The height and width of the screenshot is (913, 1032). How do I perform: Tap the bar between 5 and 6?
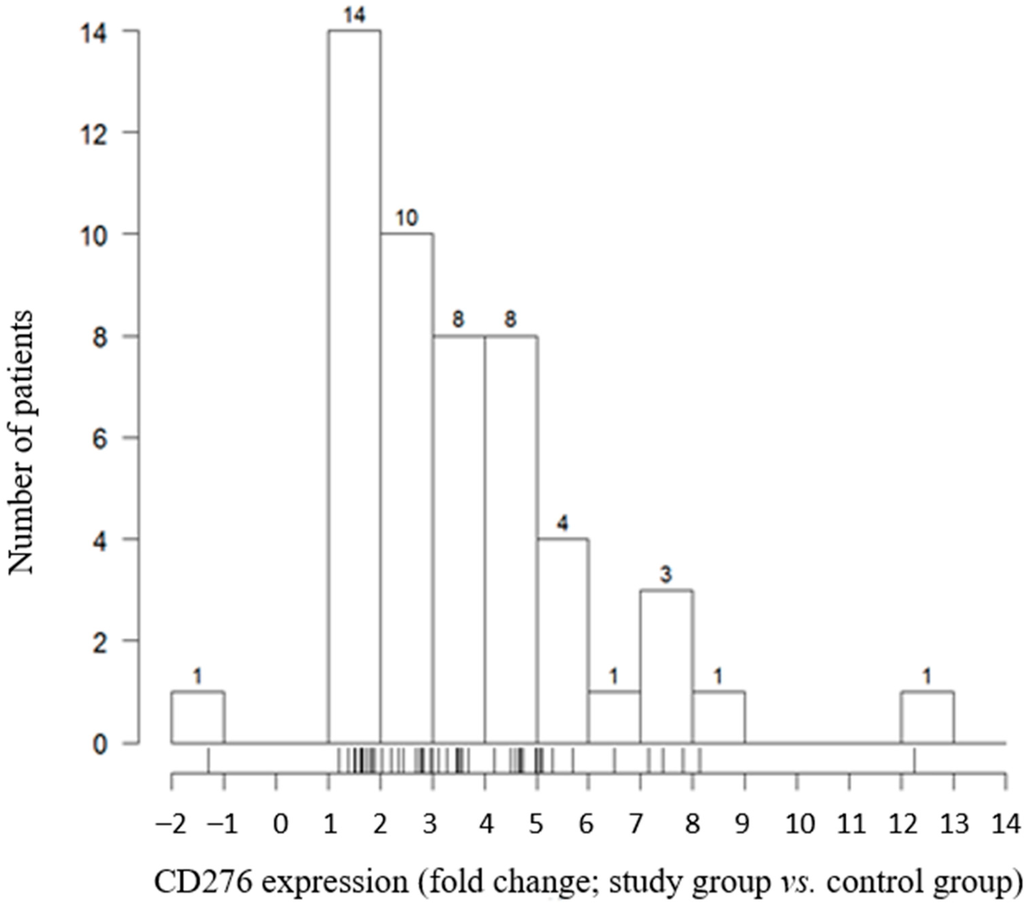563,641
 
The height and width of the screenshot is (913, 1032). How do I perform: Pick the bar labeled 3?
667,666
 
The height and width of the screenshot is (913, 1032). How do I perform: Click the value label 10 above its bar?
407,219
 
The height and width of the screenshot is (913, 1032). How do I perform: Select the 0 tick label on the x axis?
281,824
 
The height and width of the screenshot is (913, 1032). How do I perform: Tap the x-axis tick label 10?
801,824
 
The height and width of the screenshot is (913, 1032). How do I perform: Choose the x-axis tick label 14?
1005,824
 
